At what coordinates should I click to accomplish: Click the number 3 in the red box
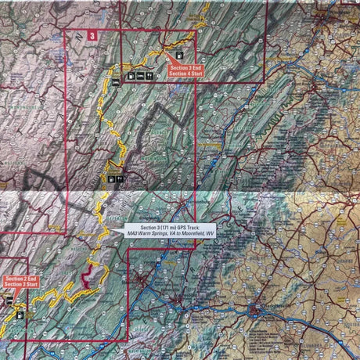[92, 35]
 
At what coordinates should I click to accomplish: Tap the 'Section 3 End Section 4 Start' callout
[186, 71]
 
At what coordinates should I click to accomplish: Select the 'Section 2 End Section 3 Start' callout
[20, 280]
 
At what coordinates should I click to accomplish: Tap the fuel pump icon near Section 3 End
[180, 55]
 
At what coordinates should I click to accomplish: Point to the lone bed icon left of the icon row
[116, 81]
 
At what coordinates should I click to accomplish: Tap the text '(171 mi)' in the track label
[164, 227]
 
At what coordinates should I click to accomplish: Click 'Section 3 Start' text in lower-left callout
[20, 283]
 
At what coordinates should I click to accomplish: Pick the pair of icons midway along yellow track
[114, 178]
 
